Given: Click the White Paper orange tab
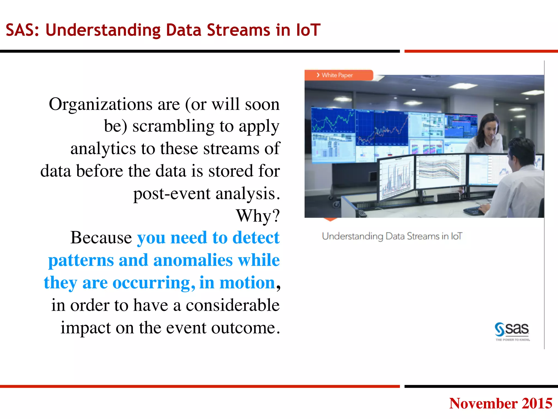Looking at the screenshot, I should (338, 75).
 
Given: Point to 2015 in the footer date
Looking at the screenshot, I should (537, 403).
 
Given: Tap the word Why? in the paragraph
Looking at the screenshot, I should (258, 216).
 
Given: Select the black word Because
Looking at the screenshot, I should (101, 238).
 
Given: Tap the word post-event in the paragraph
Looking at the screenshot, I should (172, 194).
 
